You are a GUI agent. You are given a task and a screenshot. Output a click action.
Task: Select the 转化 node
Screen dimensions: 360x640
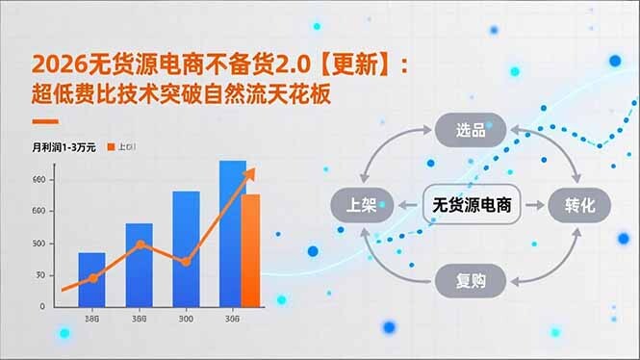click(580, 204)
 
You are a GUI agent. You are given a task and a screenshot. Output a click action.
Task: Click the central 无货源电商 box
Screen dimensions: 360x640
click(471, 204)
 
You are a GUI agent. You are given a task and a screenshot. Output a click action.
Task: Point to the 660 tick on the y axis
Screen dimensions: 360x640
click(38, 180)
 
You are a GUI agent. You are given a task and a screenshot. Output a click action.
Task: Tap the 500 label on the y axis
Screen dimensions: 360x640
click(38, 243)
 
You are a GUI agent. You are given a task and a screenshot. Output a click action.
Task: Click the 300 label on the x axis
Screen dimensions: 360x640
click(185, 319)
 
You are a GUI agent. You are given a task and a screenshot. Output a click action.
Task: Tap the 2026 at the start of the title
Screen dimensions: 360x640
click(52, 64)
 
